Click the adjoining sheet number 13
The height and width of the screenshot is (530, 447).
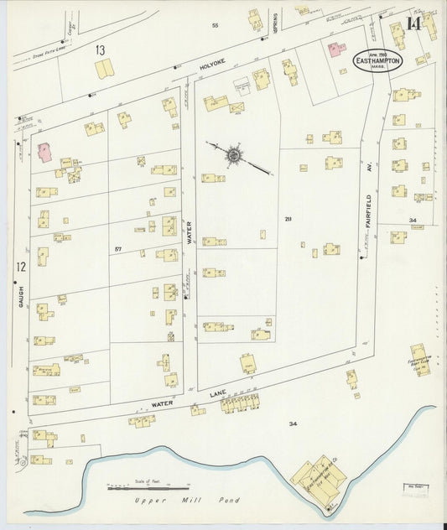click(x=100, y=50)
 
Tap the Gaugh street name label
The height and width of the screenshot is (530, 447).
click(x=23, y=293)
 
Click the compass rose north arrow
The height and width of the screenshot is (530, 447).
click(x=233, y=155)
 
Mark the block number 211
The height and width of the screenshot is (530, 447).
click(x=288, y=219)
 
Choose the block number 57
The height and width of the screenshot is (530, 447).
click(x=118, y=249)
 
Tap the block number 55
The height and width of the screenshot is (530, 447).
click(x=215, y=26)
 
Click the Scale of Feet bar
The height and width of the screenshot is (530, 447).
click(x=148, y=486)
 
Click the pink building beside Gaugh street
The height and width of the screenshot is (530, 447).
click(x=44, y=152)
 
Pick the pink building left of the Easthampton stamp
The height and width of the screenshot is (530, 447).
click(x=335, y=49)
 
